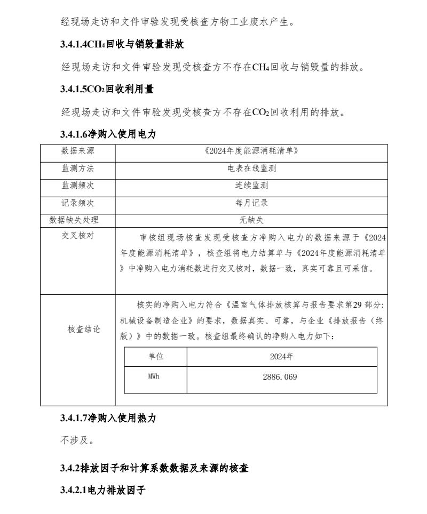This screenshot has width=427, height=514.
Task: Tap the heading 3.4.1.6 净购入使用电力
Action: point(108,135)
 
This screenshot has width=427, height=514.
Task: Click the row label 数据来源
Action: point(78,151)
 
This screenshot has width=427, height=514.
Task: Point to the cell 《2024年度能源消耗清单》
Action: point(251,151)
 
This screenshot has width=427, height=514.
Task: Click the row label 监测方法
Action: point(78,168)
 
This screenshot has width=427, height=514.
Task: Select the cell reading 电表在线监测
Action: point(251,168)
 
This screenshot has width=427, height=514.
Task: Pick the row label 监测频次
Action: point(78,186)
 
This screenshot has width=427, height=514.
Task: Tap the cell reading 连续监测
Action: point(251,186)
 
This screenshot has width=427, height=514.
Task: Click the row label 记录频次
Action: point(78,203)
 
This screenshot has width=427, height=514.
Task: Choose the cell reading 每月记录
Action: point(251,203)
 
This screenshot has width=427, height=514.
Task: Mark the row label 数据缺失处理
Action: point(74,220)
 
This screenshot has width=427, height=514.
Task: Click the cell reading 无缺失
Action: point(251,220)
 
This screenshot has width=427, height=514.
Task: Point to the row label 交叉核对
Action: point(78,235)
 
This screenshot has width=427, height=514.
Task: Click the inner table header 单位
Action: point(156,357)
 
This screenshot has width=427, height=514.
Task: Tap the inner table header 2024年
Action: point(281,357)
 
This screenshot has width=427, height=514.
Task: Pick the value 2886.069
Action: point(280,377)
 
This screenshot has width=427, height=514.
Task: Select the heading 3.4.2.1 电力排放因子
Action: point(103,489)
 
